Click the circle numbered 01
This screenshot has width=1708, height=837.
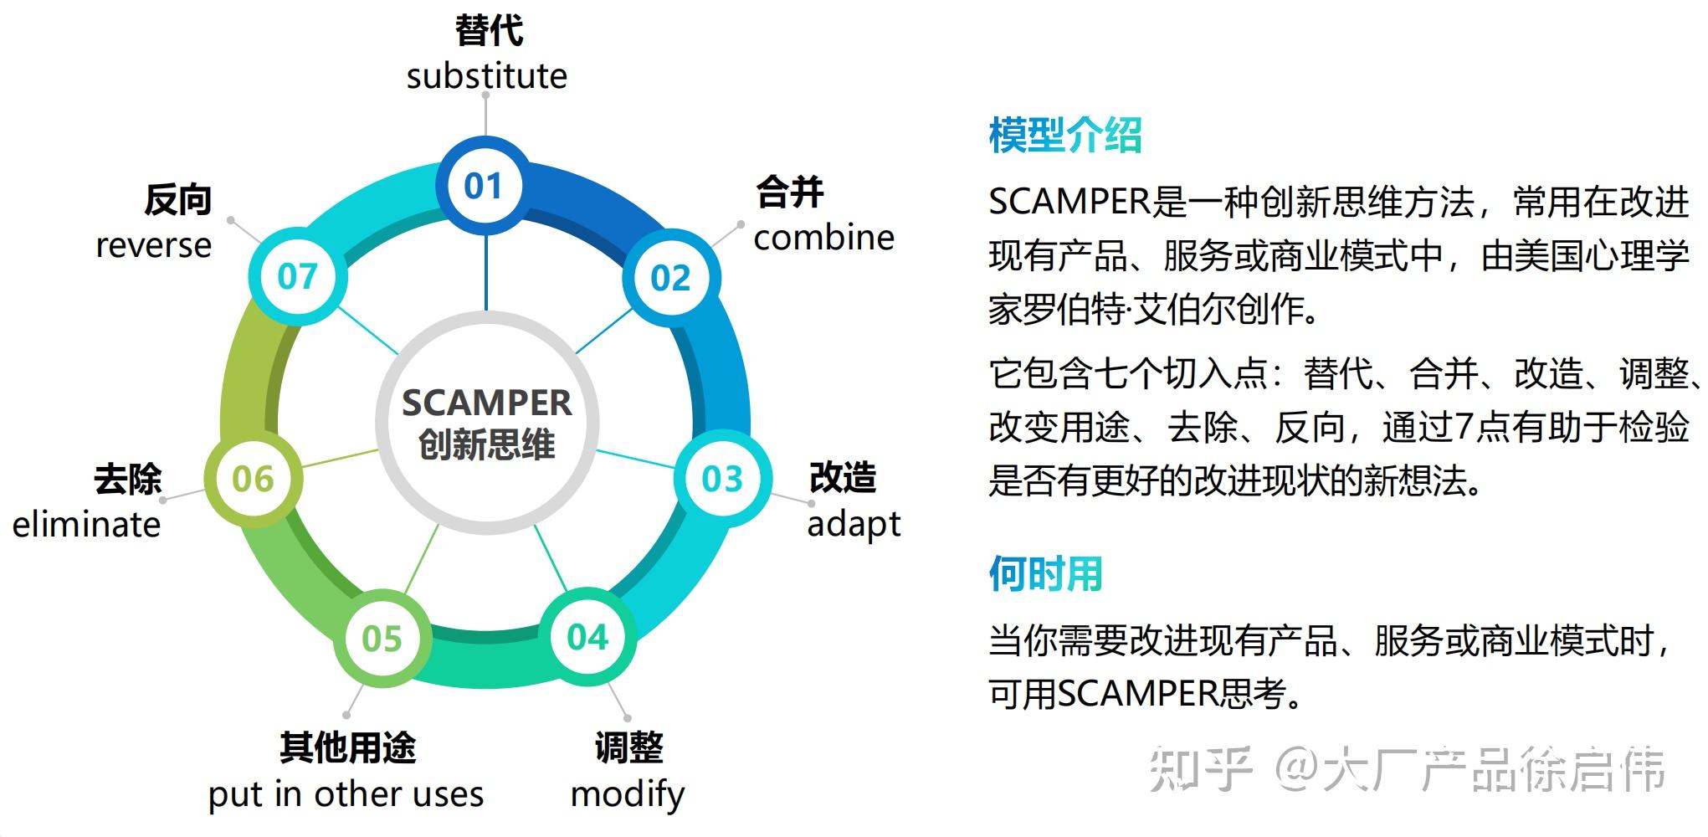click(x=483, y=186)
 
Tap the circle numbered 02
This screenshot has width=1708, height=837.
click(x=671, y=278)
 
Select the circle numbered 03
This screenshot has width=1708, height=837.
click(x=722, y=479)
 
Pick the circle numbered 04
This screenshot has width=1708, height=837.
click(x=587, y=638)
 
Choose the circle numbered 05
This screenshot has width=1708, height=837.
click(x=382, y=639)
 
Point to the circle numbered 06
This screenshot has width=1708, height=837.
click(x=253, y=479)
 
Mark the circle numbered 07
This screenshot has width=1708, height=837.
click(x=298, y=276)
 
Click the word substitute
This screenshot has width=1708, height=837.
click(x=486, y=76)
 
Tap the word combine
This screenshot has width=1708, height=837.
click(x=823, y=238)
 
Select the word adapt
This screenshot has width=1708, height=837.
click(x=854, y=525)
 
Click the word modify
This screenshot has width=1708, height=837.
click(x=627, y=793)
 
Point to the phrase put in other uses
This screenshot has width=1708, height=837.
click(x=346, y=793)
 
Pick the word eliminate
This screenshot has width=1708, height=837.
click(x=86, y=525)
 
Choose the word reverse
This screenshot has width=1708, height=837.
click(x=153, y=246)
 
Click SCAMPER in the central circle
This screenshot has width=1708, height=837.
click(x=487, y=403)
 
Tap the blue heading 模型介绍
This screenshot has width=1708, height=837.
click(x=1064, y=136)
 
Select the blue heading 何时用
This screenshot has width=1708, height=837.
click(x=1045, y=574)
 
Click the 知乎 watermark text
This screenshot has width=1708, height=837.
click(x=1202, y=769)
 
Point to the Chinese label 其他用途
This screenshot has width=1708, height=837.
click(x=347, y=747)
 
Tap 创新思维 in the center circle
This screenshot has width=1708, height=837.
click(x=487, y=444)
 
